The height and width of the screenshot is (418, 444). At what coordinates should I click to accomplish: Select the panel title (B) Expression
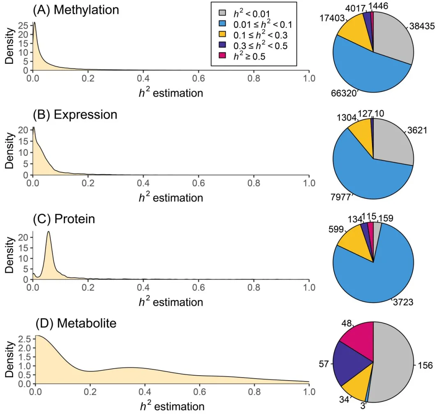[75, 114]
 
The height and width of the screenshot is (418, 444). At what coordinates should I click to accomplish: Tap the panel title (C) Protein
[64, 219]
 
